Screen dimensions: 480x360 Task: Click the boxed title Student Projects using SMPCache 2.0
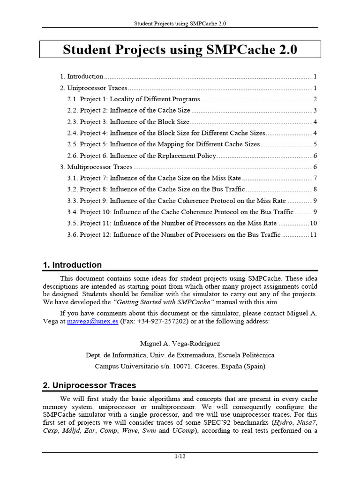point(180,50)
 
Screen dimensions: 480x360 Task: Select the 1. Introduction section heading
point(72,265)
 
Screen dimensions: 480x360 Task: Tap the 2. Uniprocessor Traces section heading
point(89,385)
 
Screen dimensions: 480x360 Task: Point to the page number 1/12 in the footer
point(180,457)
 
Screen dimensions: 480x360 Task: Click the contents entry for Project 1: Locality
point(140,99)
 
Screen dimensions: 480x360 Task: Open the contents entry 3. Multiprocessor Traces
point(96,167)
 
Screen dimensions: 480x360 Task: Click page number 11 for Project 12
point(314,235)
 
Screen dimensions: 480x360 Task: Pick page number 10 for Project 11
point(314,224)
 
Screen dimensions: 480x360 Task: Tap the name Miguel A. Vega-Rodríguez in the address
point(180,344)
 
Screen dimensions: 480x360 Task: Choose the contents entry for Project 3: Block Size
point(136,122)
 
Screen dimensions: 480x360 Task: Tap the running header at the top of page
point(180,23)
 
